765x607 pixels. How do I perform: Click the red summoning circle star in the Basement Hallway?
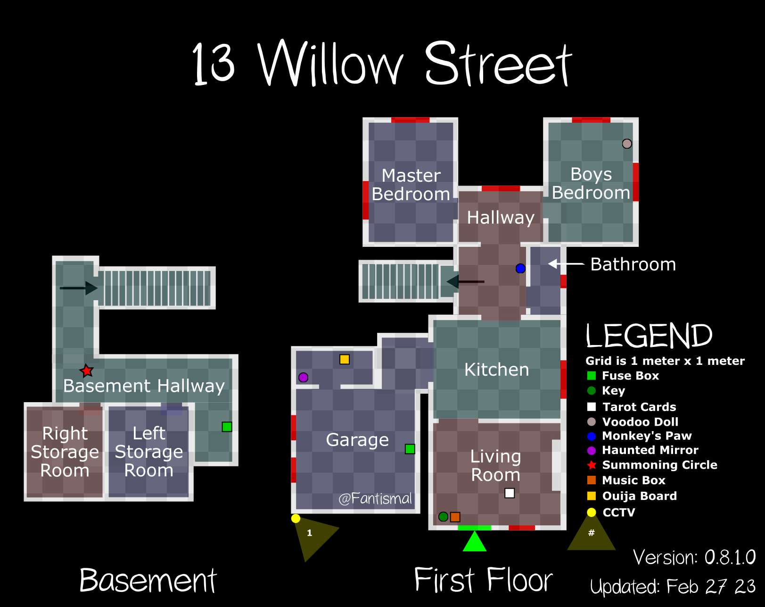pyautogui.click(x=86, y=371)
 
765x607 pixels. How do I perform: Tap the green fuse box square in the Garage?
pyautogui.click(x=410, y=449)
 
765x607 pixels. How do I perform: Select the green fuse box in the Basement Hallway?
pyautogui.click(x=227, y=427)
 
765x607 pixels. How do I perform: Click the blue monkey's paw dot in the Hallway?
pyautogui.click(x=520, y=268)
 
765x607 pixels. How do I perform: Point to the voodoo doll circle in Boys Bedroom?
pyautogui.click(x=627, y=143)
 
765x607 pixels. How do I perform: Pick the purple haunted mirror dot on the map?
pyautogui.click(x=303, y=377)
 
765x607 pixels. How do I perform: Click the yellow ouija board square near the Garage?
pyautogui.click(x=345, y=359)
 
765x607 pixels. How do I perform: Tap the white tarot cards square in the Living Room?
pyautogui.click(x=510, y=493)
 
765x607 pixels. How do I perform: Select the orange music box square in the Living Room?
pyautogui.click(x=455, y=517)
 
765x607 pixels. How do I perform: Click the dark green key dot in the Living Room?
pyautogui.click(x=443, y=517)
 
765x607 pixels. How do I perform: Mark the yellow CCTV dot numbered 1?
pyautogui.click(x=296, y=518)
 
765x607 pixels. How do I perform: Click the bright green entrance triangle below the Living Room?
pyautogui.click(x=474, y=542)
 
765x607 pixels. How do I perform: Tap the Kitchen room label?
pyautogui.click(x=496, y=370)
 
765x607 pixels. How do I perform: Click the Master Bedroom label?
pyautogui.click(x=411, y=185)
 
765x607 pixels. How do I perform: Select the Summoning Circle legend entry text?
pyautogui.click(x=659, y=465)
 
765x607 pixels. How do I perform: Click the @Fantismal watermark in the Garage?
pyautogui.click(x=375, y=498)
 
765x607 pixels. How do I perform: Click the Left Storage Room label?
pyautogui.click(x=149, y=452)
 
